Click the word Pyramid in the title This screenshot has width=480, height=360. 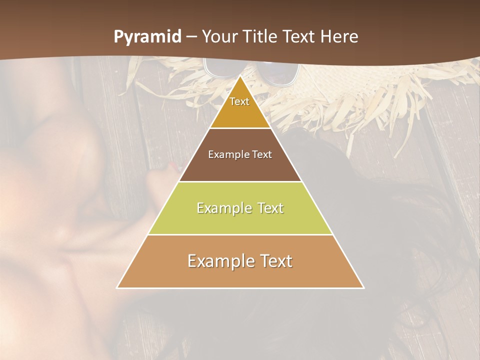pos(147,37)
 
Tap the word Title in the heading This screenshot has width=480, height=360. pos(263,36)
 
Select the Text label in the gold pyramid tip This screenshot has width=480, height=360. pos(239,101)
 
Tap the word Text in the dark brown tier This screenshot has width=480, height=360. pos(262,154)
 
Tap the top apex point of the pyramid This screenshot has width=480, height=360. pos(240,76)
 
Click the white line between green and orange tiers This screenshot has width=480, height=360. pos(240,234)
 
